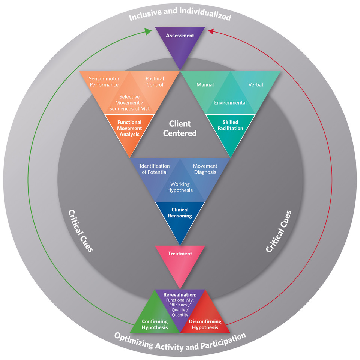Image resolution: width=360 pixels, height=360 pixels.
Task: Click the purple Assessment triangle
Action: pos(180,41)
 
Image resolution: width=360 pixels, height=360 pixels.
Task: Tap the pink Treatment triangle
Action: pos(180,259)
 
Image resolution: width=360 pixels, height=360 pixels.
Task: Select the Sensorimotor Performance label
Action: pos(103,82)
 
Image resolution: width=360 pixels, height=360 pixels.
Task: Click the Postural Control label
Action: pos(154,82)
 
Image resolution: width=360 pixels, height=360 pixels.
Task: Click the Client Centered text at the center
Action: pos(180,128)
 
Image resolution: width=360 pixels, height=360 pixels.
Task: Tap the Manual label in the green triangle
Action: pos(205,85)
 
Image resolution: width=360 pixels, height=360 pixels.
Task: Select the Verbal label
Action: pos(256,85)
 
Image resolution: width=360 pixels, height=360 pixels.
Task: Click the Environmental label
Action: pos(230,103)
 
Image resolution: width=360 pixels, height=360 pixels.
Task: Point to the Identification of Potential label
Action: pos(154,169)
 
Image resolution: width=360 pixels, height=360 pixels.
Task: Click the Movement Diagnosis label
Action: pos(205,169)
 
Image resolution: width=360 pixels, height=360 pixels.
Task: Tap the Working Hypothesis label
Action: pos(180,187)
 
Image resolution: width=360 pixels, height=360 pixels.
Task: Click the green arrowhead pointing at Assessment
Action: pos(149,32)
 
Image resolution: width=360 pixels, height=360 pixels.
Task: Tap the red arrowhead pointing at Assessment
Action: pos(211,32)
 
